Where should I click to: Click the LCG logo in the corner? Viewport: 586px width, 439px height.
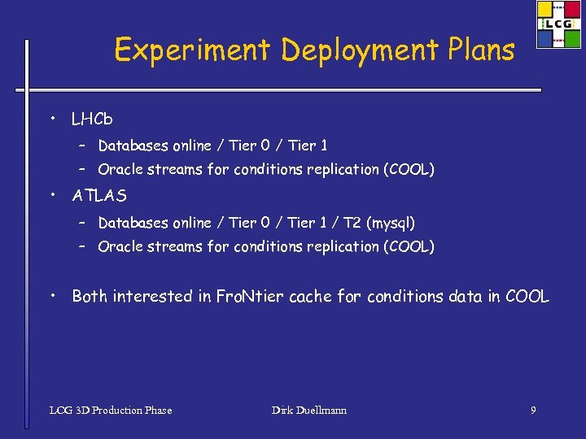point(558,24)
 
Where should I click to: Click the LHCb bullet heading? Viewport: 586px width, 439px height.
point(92,120)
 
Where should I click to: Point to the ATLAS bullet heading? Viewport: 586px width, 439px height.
point(99,196)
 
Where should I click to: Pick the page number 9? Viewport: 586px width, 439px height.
point(533,411)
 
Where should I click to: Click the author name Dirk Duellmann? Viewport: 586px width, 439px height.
point(309,411)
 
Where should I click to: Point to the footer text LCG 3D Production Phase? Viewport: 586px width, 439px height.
point(111,411)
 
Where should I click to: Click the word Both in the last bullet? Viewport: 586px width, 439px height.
point(90,297)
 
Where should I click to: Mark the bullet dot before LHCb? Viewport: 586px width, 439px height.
point(51,120)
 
